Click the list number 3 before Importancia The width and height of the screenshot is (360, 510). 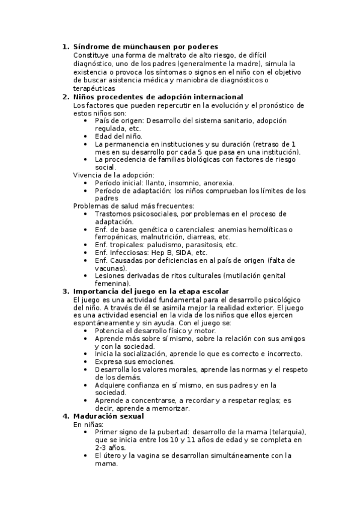66,291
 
